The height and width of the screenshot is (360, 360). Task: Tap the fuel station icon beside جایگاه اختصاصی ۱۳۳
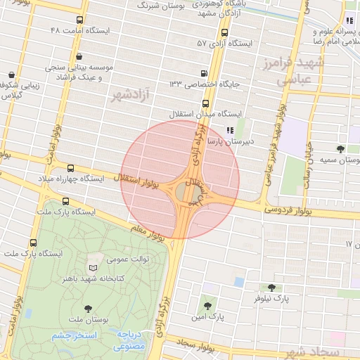pos(204,73)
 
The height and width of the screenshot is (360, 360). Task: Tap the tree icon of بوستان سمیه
pos(340,149)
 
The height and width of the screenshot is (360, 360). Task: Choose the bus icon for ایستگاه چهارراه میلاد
pos(70,168)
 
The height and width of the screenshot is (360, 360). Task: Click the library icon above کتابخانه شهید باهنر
pos(94,267)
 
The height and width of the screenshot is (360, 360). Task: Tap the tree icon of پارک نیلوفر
pos(271,288)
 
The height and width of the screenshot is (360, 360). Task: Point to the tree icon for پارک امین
pos(207,306)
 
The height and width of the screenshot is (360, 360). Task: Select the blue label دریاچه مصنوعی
pos(129,340)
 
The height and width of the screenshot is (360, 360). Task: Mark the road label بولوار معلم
pos(148,229)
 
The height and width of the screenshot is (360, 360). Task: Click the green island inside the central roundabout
pos(181,192)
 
